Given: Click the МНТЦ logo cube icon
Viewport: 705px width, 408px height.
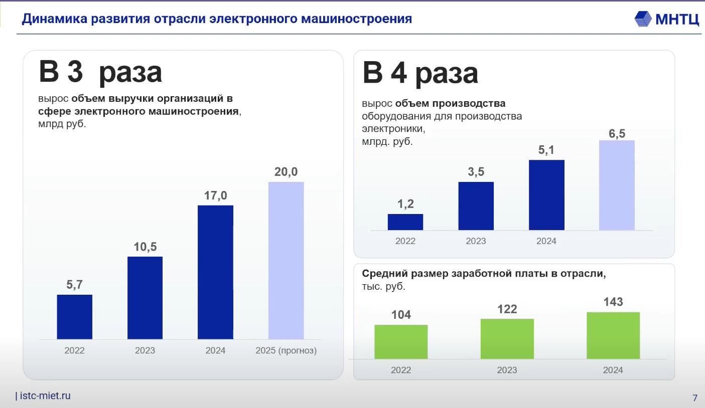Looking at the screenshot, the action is click(x=643, y=19).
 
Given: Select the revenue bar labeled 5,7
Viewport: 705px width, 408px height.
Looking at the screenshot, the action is click(x=75, y=317).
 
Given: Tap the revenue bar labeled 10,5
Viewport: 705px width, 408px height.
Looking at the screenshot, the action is click(x=145, y=298).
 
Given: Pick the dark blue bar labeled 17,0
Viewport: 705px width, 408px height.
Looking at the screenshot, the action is click(x=216, y=272).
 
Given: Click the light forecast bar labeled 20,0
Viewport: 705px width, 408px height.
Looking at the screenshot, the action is click(x=286, y=261).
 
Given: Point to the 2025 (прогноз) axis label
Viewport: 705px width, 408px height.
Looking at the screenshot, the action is click(x=286, y=350).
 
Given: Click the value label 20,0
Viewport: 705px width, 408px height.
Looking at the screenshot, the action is click(x=286, y=171).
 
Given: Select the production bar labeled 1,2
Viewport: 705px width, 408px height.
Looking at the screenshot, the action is click(x=405, y=222).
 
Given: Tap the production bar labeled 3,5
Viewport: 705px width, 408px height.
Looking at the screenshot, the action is click(x=476, y=206).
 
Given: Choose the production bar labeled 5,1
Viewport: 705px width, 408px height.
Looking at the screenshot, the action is click(x=547, y=195).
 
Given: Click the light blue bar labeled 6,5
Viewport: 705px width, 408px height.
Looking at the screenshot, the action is click(x=617, y=185).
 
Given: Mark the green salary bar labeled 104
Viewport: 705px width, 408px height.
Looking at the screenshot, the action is click(x=401, y=342).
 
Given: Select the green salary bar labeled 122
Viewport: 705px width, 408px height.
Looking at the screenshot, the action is click(x=507, y=339).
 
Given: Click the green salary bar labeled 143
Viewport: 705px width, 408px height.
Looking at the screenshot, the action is click(x=613, y=335).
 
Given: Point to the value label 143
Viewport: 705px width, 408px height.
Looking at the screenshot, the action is click(x=613, y=302).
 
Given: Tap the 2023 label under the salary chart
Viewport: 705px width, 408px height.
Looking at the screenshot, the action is click(x=507, y=370).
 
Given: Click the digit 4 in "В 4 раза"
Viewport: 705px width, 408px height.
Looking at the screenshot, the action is click(x=398, y=73).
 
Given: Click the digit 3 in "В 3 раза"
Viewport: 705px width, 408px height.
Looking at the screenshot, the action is click(x=75, y=72).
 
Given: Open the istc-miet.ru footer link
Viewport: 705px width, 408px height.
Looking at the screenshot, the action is click(x=45, y=396).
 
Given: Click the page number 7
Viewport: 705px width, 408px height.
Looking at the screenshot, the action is click(x=695, y=398).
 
